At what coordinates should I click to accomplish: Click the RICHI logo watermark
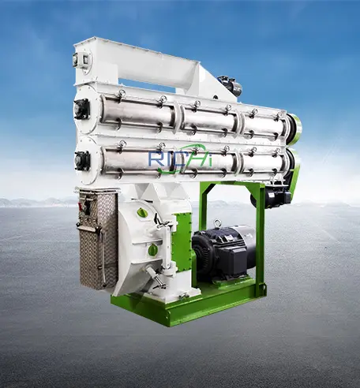(180, 159)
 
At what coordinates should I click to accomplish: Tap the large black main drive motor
(223, 252)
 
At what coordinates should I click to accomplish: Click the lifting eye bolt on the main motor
(217, 223)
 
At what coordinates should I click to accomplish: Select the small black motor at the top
(230, 85)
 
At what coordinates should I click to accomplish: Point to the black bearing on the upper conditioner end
(81, 108)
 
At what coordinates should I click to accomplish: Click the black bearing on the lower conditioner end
(82, 160)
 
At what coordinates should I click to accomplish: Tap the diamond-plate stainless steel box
(98, 238)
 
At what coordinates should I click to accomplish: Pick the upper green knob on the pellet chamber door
(141, 212)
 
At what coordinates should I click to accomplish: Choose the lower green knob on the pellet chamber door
(152, 249)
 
